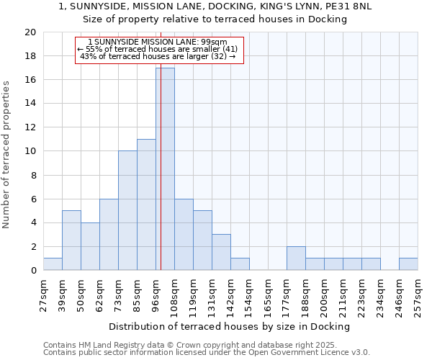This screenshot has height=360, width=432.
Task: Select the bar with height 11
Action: (x=146, y=204)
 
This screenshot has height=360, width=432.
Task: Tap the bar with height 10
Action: (x=127, y=210)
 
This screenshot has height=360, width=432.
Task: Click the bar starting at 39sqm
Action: (x=71, y=240)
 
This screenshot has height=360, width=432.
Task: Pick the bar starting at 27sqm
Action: (x=53, y=264)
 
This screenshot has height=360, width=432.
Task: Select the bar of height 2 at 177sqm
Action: (x=296, y=258)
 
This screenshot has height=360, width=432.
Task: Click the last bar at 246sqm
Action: (x=408, y=264)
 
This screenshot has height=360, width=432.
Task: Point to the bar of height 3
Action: (x=221, y=252)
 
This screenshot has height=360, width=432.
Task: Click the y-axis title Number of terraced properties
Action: (x=6, y=154)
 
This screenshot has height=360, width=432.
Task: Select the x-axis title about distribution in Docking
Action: (x=229, y=326)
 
